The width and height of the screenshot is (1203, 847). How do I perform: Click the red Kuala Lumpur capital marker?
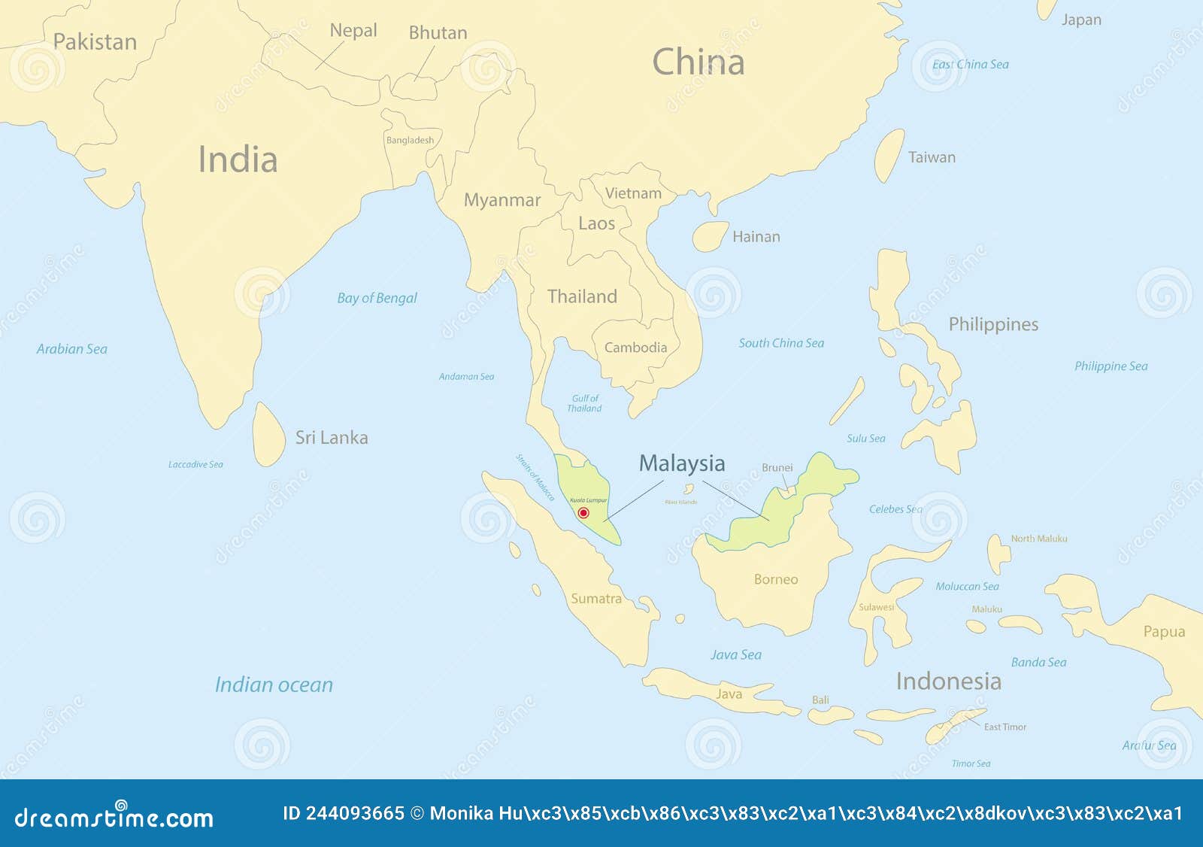[583, 513]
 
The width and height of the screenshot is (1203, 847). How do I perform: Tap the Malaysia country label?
[682, 463]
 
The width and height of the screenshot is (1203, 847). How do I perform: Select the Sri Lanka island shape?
[268, 435]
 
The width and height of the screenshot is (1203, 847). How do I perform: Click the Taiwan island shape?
[889, 156]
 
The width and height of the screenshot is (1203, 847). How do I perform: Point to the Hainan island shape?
[709, 236]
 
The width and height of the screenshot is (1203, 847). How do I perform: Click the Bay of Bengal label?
[377, 298]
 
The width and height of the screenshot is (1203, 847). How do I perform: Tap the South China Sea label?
[781, 343]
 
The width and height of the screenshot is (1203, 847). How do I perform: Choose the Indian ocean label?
[274, 685]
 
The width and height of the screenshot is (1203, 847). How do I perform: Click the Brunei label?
[777, 468]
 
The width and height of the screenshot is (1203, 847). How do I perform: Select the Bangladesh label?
[410, 140]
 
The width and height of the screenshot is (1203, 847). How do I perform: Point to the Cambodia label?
[635, 348]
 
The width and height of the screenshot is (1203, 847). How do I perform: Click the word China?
[698, 62]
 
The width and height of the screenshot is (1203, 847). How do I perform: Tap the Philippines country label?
[993, 324]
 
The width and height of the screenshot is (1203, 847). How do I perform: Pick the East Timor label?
[1005, 727]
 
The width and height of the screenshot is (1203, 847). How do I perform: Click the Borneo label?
[776, 579]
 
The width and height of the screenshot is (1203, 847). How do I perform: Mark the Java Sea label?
[735, 655]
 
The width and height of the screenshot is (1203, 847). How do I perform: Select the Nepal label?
[353, 31]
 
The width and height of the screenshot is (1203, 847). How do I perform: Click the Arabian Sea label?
[72, 349]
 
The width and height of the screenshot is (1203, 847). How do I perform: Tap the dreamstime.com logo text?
[114, 818]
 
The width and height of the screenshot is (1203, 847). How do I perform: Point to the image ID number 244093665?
[354, 813]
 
